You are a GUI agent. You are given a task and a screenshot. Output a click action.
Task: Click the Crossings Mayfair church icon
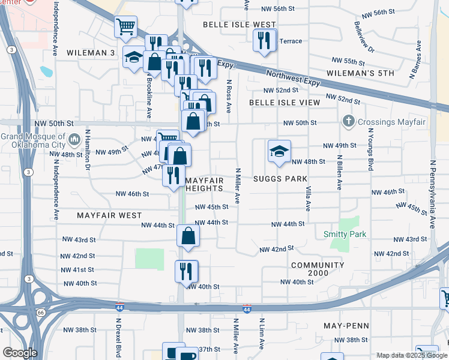point(348,122)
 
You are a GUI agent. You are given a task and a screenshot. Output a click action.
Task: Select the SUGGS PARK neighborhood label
point(280,179)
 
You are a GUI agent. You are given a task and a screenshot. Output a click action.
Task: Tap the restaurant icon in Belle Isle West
point(265,41)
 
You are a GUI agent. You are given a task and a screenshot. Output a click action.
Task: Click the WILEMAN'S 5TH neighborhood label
point(360,73)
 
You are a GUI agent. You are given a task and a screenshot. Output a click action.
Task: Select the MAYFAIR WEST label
point(109,215)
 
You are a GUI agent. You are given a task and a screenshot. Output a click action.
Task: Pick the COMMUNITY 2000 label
point(318,269)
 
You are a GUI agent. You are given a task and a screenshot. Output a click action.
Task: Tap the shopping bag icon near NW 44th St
point(188,236)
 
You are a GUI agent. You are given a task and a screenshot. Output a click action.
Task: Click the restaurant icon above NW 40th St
point(187,271)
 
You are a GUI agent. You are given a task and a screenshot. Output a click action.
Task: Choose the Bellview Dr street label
point(364,36)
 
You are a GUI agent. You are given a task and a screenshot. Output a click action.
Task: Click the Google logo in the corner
point(19,353)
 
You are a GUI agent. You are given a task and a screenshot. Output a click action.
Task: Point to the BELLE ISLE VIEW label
point(285,103)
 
